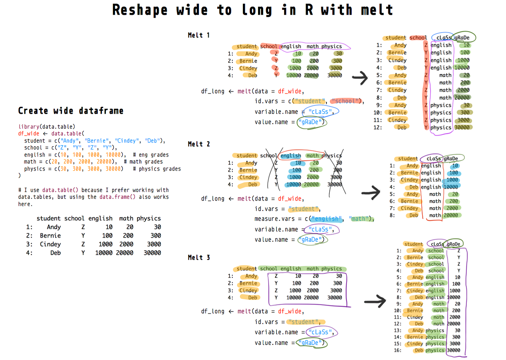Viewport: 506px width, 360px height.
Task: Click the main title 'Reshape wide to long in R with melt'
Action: click(x=253, y=10)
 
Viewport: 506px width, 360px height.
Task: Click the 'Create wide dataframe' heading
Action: click(x=71, y=111)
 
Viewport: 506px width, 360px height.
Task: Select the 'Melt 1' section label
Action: click(x=199, y=35)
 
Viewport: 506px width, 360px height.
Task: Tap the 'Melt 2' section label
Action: click(x=199, y=144)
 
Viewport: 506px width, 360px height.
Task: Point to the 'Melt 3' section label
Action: click(x=199, y=257)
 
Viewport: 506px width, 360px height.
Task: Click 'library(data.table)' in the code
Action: click(x=47, y=127)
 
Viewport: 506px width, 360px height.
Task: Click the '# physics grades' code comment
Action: click(x=156, y=169)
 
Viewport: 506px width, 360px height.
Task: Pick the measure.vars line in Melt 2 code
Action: click(x=314, y=219)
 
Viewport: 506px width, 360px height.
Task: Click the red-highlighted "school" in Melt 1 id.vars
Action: click(x=346, y=101)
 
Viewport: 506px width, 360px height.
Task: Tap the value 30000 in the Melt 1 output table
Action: click(x=462, y=127)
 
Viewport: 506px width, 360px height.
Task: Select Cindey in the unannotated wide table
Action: click(x=50, y=244)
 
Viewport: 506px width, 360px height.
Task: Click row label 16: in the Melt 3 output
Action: click(x=398, y=350)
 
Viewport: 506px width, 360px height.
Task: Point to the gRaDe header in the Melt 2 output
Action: click(x=452, y=159)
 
